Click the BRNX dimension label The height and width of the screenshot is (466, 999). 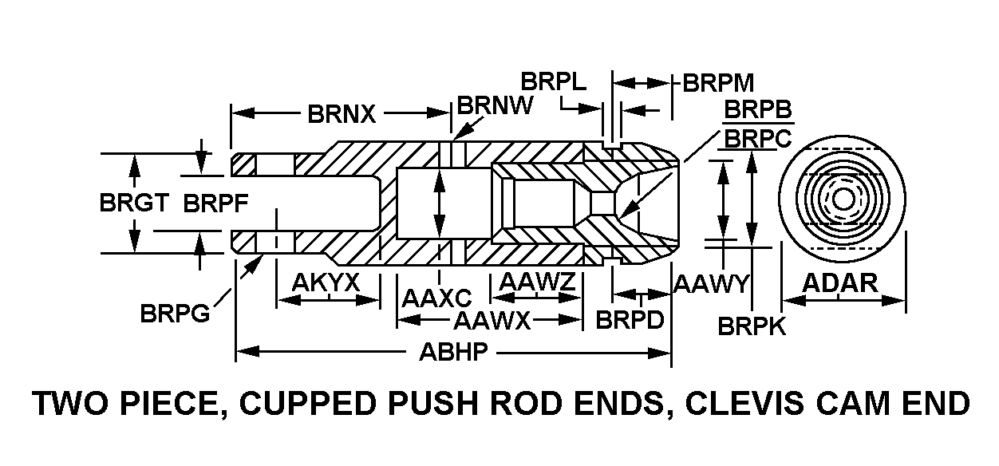pyautogui.click(x=341, y=114)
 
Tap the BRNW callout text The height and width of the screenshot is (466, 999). pyautogui.click(x=495, y=106)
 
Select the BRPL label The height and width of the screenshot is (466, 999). pyautogui.click(x=554, y=82)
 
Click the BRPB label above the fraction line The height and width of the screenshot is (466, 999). pyautogui.click(x=757, y=109)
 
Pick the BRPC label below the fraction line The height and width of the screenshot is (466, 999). pyautogui.click(x=756, y=138)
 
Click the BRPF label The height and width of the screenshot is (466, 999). pyautogui.click(x=216, y=203)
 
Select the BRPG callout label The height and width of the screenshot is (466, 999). pyautogui.click(x=175, y=313)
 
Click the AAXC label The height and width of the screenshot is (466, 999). pyautogui.click(x=437, y=299)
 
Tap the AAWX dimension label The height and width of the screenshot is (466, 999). pyautogui.click(x=492, y=321)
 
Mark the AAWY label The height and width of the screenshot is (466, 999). pyautogui.click(x=711, y=282)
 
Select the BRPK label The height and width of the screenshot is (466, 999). pyautogui.click(x=752, y=326)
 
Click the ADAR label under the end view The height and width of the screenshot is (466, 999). pyautogui.click(x=839, y=282)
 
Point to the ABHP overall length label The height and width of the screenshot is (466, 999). pyautogui.click(x=452, y=353)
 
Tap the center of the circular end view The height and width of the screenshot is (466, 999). pyautogui.click(x=843, y=199)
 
